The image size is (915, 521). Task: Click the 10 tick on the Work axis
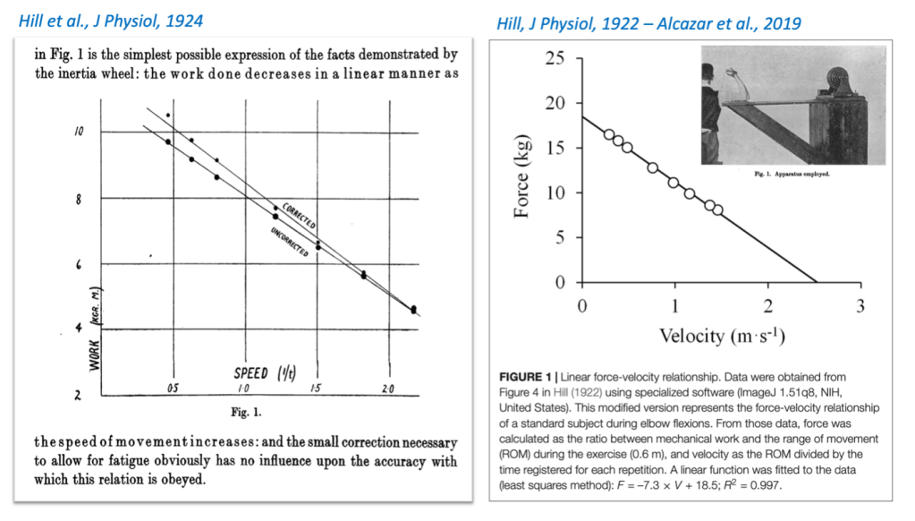point(80,132)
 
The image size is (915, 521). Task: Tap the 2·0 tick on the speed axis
point(387,389)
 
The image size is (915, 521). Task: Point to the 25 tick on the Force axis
point(555,59)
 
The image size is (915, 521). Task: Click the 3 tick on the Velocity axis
point(860,307)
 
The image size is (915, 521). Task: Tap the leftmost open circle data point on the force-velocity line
point(609,135)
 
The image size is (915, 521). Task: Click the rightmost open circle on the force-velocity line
point(717,210)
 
